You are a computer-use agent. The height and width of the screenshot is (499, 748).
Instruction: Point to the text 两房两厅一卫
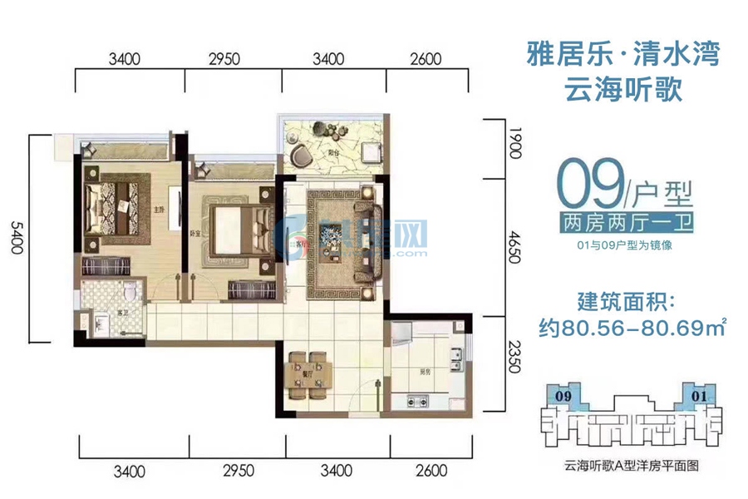click(627, 223)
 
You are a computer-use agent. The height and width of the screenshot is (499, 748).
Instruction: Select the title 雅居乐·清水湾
click(623, 56)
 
